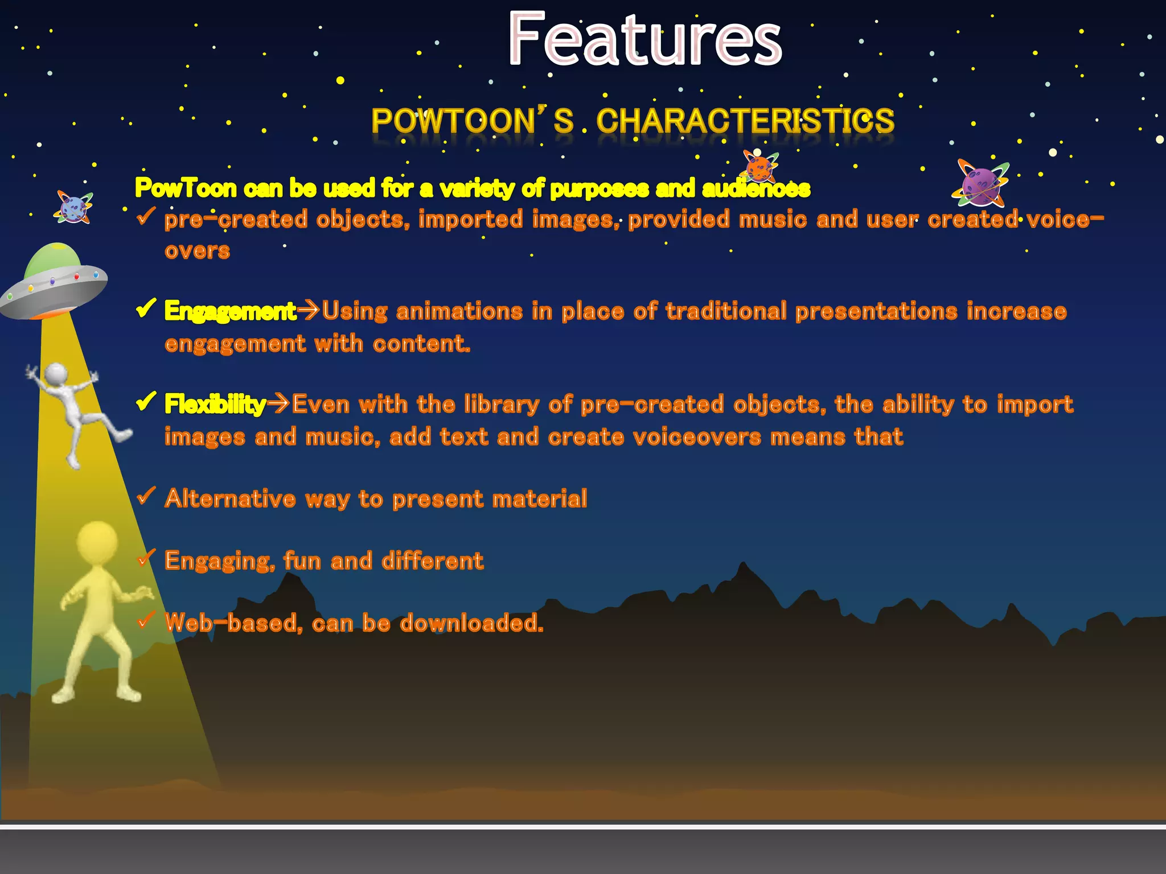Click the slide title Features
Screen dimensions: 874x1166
(x=644, y=40)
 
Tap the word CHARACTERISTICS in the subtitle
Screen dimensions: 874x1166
(x=745, y=121)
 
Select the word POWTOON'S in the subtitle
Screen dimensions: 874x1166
(x=472, y=121)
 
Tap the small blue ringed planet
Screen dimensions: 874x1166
(x=73, y=207)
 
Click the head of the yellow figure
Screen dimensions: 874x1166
(x=97, y=541)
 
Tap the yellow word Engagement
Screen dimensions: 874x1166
(x=230, y=311)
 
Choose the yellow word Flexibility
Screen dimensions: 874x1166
(x=215, y=405)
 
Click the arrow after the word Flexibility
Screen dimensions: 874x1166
(x=279, y=404)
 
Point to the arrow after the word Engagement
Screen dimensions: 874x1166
(x=309, y=311)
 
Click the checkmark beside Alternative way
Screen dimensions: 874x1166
(x=146, y=496)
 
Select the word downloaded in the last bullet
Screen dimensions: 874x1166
(x=471, y=624)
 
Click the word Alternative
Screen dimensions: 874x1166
(x=230, y=499)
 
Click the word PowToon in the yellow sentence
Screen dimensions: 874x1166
(x=186, y=188)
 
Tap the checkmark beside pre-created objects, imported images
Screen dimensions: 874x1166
(x=146, y=216)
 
